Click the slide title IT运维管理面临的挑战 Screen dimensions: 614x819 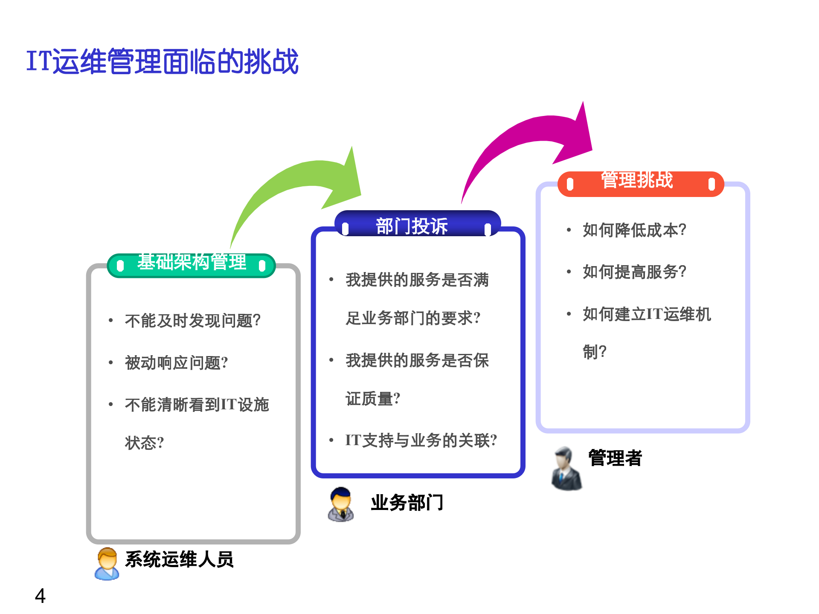point(162,61)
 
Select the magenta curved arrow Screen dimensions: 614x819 point(529,136)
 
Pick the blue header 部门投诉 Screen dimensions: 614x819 point(412,225)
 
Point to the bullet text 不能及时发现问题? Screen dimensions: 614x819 point(192,321)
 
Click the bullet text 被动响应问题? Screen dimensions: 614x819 point(176,363)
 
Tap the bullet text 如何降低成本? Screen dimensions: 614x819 point(634,230)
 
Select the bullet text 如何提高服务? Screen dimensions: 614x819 point(634,272)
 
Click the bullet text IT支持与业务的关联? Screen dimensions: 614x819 point(421,440)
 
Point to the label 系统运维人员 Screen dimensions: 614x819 point(179,559)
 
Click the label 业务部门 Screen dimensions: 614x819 point(407,503)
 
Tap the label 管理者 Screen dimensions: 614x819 point(615,458)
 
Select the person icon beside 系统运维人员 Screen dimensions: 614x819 point(107,563)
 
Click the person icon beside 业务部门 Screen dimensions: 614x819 point(341,504)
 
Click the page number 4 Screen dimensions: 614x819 point(40,596)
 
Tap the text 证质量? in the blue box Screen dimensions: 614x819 point(373,399)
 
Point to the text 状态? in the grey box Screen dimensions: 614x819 point(144,443)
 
